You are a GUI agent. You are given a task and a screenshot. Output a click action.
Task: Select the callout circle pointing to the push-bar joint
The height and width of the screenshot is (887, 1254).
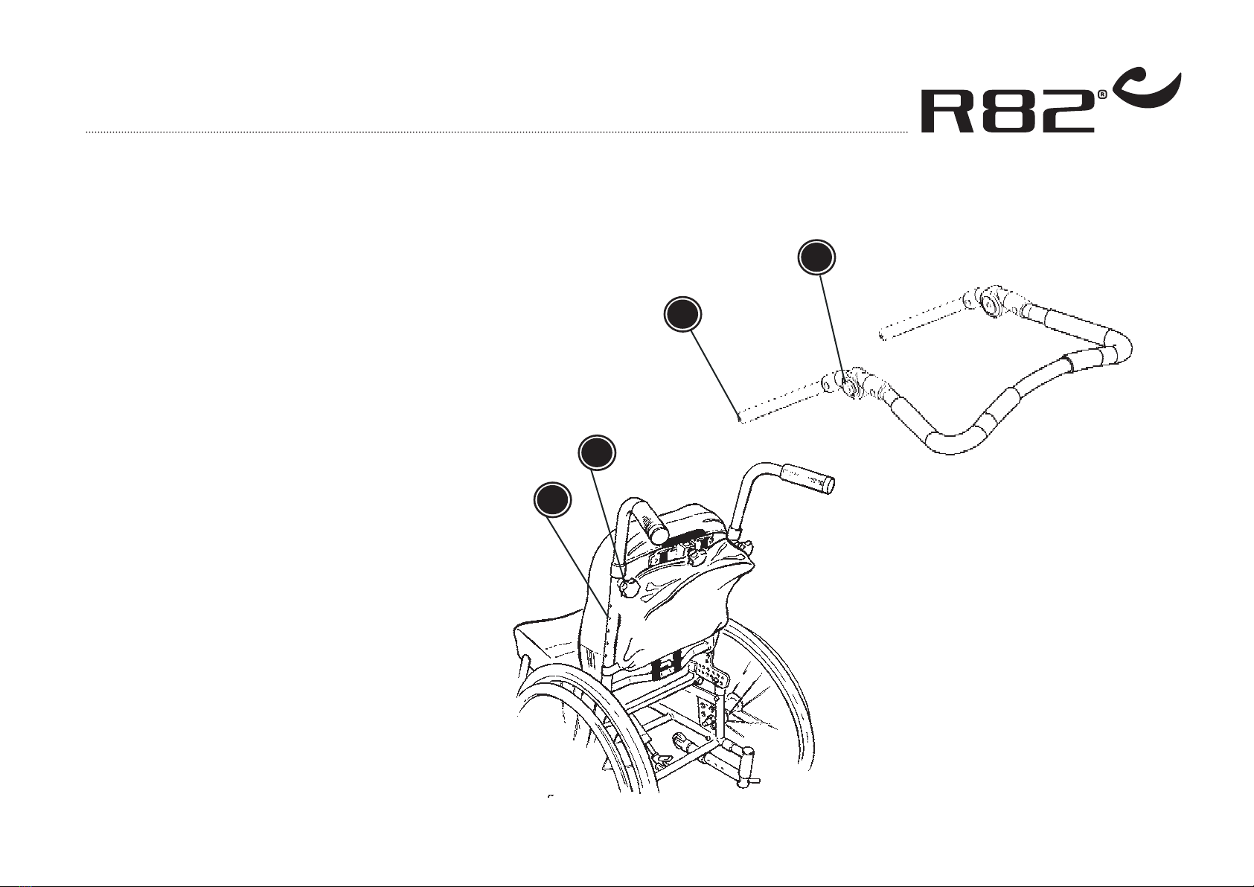pos(816,258)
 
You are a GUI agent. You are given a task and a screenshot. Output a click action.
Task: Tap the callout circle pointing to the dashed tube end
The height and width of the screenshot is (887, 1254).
pos(682,315)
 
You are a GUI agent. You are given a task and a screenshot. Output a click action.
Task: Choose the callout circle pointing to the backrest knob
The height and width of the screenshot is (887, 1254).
pos(597,452)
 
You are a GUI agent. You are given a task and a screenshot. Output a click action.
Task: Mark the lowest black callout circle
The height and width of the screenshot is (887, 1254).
pos(552,500)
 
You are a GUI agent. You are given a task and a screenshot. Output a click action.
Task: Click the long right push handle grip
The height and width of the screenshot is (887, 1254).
pos(807,478)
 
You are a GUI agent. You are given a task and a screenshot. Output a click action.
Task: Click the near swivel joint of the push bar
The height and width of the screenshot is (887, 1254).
pos(850,385)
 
